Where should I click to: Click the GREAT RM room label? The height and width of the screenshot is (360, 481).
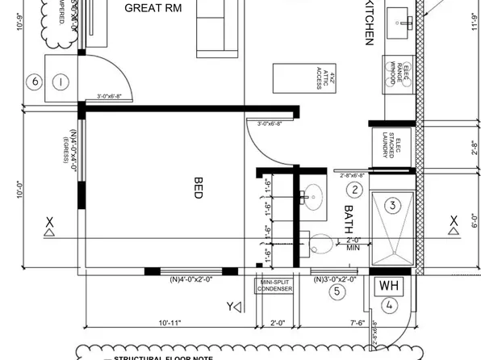(x=153, y=8)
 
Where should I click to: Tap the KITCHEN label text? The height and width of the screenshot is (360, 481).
(x=370, y=22)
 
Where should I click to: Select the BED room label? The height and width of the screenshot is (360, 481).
(x=199, y=188)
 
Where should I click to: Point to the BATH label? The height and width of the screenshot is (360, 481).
(x=349, y=219)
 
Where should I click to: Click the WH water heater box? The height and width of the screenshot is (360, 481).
(x=389, y=287)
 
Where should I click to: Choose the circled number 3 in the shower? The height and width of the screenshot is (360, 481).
(x=392, y=205)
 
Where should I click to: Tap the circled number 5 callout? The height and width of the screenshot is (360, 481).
(x=338, y=292)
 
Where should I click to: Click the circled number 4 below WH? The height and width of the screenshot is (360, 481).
(x=390, y=305)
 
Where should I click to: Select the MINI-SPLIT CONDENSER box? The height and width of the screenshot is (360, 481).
(x=274, y=286)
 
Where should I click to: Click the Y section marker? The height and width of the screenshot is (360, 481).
(x=233, y=306)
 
